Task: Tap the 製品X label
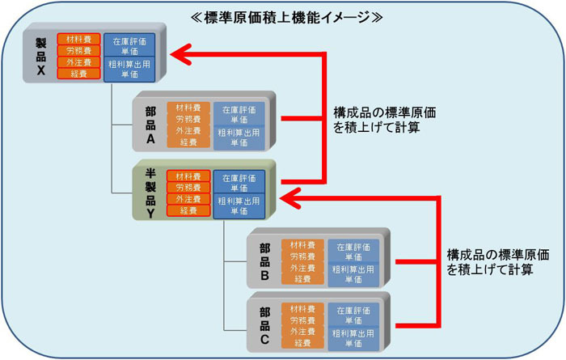(40, 57)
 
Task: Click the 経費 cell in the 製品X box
(79, 74)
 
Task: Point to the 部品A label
(150, 125)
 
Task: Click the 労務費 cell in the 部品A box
(188, 118)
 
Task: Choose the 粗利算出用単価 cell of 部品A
(239, 138)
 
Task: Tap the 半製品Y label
(150, 194)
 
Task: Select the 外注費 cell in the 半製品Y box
(188, 199)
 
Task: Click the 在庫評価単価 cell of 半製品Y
(239, 181)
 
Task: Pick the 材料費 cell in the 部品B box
(302, 245)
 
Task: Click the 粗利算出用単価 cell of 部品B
(353, 273)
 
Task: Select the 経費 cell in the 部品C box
(302, 343)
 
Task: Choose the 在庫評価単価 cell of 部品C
(353, 314)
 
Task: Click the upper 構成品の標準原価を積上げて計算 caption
(379, 120)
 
